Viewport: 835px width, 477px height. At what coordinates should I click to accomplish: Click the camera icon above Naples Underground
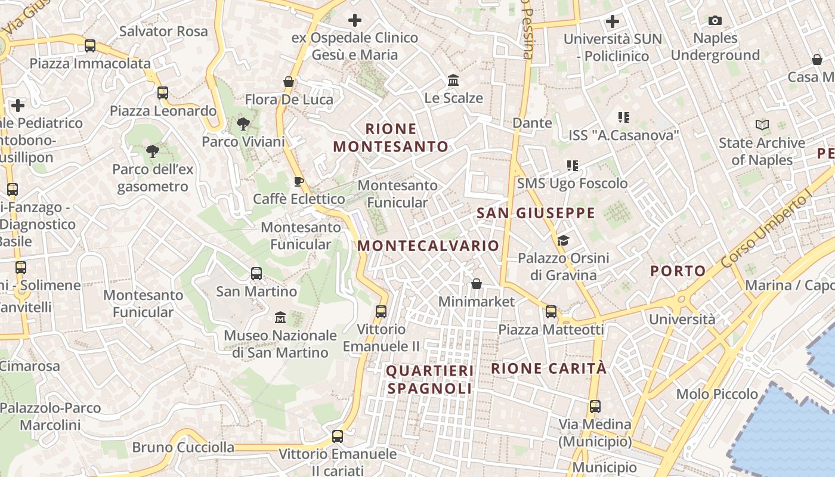click(x=715, y=21)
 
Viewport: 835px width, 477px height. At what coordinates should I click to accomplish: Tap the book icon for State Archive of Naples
click(x=762, y=125)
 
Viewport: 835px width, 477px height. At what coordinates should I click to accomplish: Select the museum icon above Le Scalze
click(x=453, y=80)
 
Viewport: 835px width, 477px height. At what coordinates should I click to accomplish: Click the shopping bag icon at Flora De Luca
click(x=289, y=82)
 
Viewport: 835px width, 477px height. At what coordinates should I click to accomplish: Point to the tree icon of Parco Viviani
click(x=243, y=124)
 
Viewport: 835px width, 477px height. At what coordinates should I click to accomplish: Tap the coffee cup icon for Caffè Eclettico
click(x=299, y=181)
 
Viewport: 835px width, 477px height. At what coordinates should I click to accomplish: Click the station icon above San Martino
click(x=256, y=274)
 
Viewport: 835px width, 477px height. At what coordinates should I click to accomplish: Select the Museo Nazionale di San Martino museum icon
click(x=280, y=318)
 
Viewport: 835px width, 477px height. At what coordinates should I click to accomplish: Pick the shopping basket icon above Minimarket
click(x=477, y=284)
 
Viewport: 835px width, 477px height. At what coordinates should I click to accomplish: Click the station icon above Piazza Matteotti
click(x=551, y=311)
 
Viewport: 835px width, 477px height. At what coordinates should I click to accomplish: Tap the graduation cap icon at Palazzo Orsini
click(x=563, y=240)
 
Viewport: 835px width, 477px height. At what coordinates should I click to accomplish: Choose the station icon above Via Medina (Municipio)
click(x=595, y=407)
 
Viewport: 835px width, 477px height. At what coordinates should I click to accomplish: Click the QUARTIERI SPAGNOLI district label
click(x=429, y=380)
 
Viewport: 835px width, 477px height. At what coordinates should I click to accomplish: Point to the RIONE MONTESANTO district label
click(x=391, y=138)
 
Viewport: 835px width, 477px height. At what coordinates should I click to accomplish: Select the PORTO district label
click(x=678, y=271)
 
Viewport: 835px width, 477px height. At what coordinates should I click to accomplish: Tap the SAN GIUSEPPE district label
click(x=536, y=213)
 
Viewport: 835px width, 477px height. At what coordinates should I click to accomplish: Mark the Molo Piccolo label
click(x=717, y=394)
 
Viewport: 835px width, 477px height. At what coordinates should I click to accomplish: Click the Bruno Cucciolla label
click(x=183, y=447)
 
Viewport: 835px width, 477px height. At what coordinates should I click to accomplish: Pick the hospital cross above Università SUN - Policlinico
click(x=613, y=22)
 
